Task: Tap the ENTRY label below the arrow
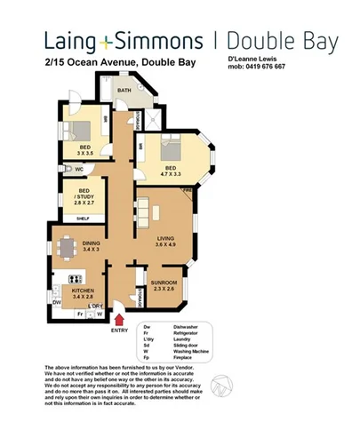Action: pyautogui.click(x=120, y=330)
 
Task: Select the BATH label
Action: pyautogui.click(x=125, y=91)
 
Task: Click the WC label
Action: pyautogui.click(x=79, y=168)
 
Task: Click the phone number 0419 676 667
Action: pyautogui.click(x=269, y=67)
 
